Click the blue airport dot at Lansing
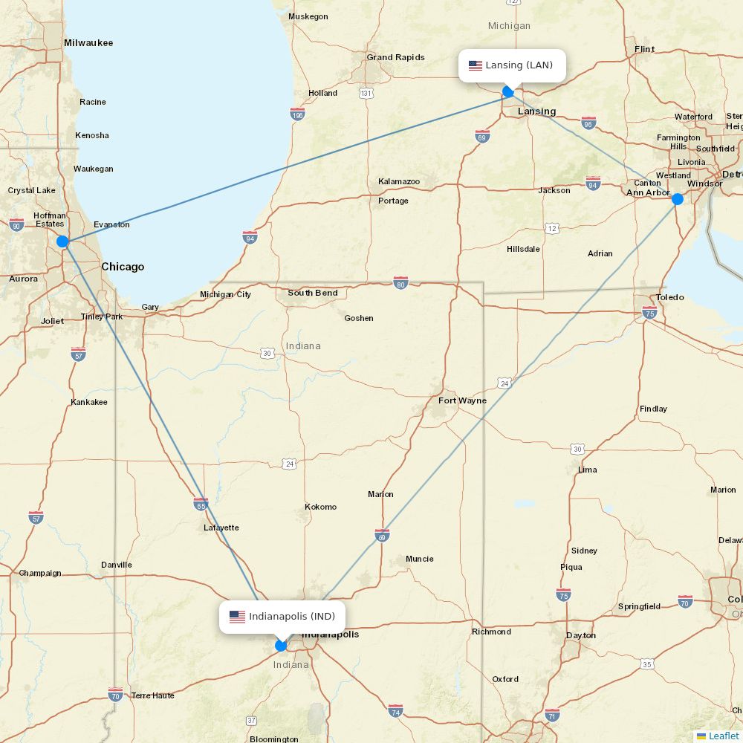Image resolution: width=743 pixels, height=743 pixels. click(508, 92)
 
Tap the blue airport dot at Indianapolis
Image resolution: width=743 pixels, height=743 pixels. click(281, 646)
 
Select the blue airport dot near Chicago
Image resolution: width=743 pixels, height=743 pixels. click(63, 241)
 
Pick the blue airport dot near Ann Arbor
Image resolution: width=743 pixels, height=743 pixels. click(677, 199)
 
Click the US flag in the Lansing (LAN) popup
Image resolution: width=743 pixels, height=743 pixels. click(476, 65)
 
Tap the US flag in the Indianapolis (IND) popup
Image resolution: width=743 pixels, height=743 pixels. click(237, 617)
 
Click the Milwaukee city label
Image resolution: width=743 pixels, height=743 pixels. click(88, 43)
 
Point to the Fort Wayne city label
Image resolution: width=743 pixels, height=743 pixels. click(462, 400)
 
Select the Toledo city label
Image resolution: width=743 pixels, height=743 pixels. click(669, 297)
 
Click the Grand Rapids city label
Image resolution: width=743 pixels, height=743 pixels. click(395, 57)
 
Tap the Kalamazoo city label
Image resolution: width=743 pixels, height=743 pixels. click(399, 181)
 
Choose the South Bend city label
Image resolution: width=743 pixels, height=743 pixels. click(313, 293)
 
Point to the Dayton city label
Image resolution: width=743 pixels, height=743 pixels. click(580, 635)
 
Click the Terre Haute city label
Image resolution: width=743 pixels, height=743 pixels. click(152, 695)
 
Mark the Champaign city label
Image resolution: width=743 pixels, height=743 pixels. click(40, 573)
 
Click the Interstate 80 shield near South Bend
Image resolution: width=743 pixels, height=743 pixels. click(400, 282)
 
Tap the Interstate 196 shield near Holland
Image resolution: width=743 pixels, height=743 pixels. click(297, 114)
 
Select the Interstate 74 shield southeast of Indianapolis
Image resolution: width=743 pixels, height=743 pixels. click(395, 710)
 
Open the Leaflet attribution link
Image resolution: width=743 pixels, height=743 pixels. click(723, 736)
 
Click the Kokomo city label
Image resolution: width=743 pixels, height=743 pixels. click(320, 507)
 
